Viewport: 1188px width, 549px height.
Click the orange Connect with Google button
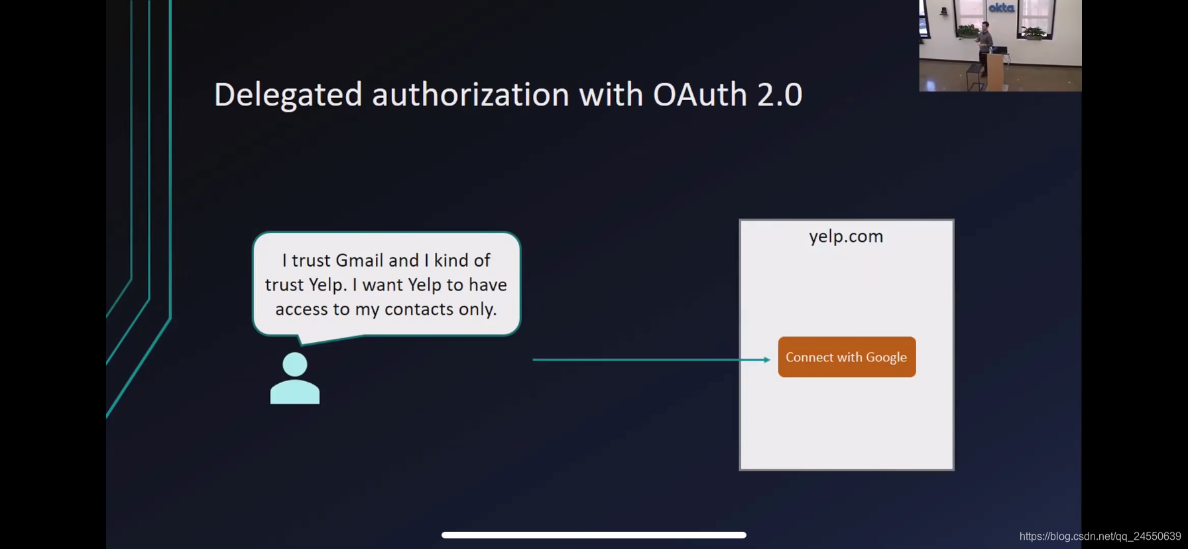(847, 357)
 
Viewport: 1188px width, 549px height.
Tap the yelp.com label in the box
(846, 237)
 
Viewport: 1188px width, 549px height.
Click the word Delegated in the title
(288, 95)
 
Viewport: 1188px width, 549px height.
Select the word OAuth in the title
(699, 95)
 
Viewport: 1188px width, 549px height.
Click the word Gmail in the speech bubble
(359, 260)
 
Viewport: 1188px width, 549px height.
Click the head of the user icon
(295, 364)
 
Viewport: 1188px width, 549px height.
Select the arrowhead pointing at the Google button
(766, 359)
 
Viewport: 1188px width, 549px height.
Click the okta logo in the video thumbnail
(1001, 8)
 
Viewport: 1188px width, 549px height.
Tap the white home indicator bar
(594, 535)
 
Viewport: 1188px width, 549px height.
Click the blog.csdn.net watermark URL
(1100, 536)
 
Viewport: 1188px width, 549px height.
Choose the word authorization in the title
(470, 95)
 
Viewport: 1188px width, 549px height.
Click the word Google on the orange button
(886, 357)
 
